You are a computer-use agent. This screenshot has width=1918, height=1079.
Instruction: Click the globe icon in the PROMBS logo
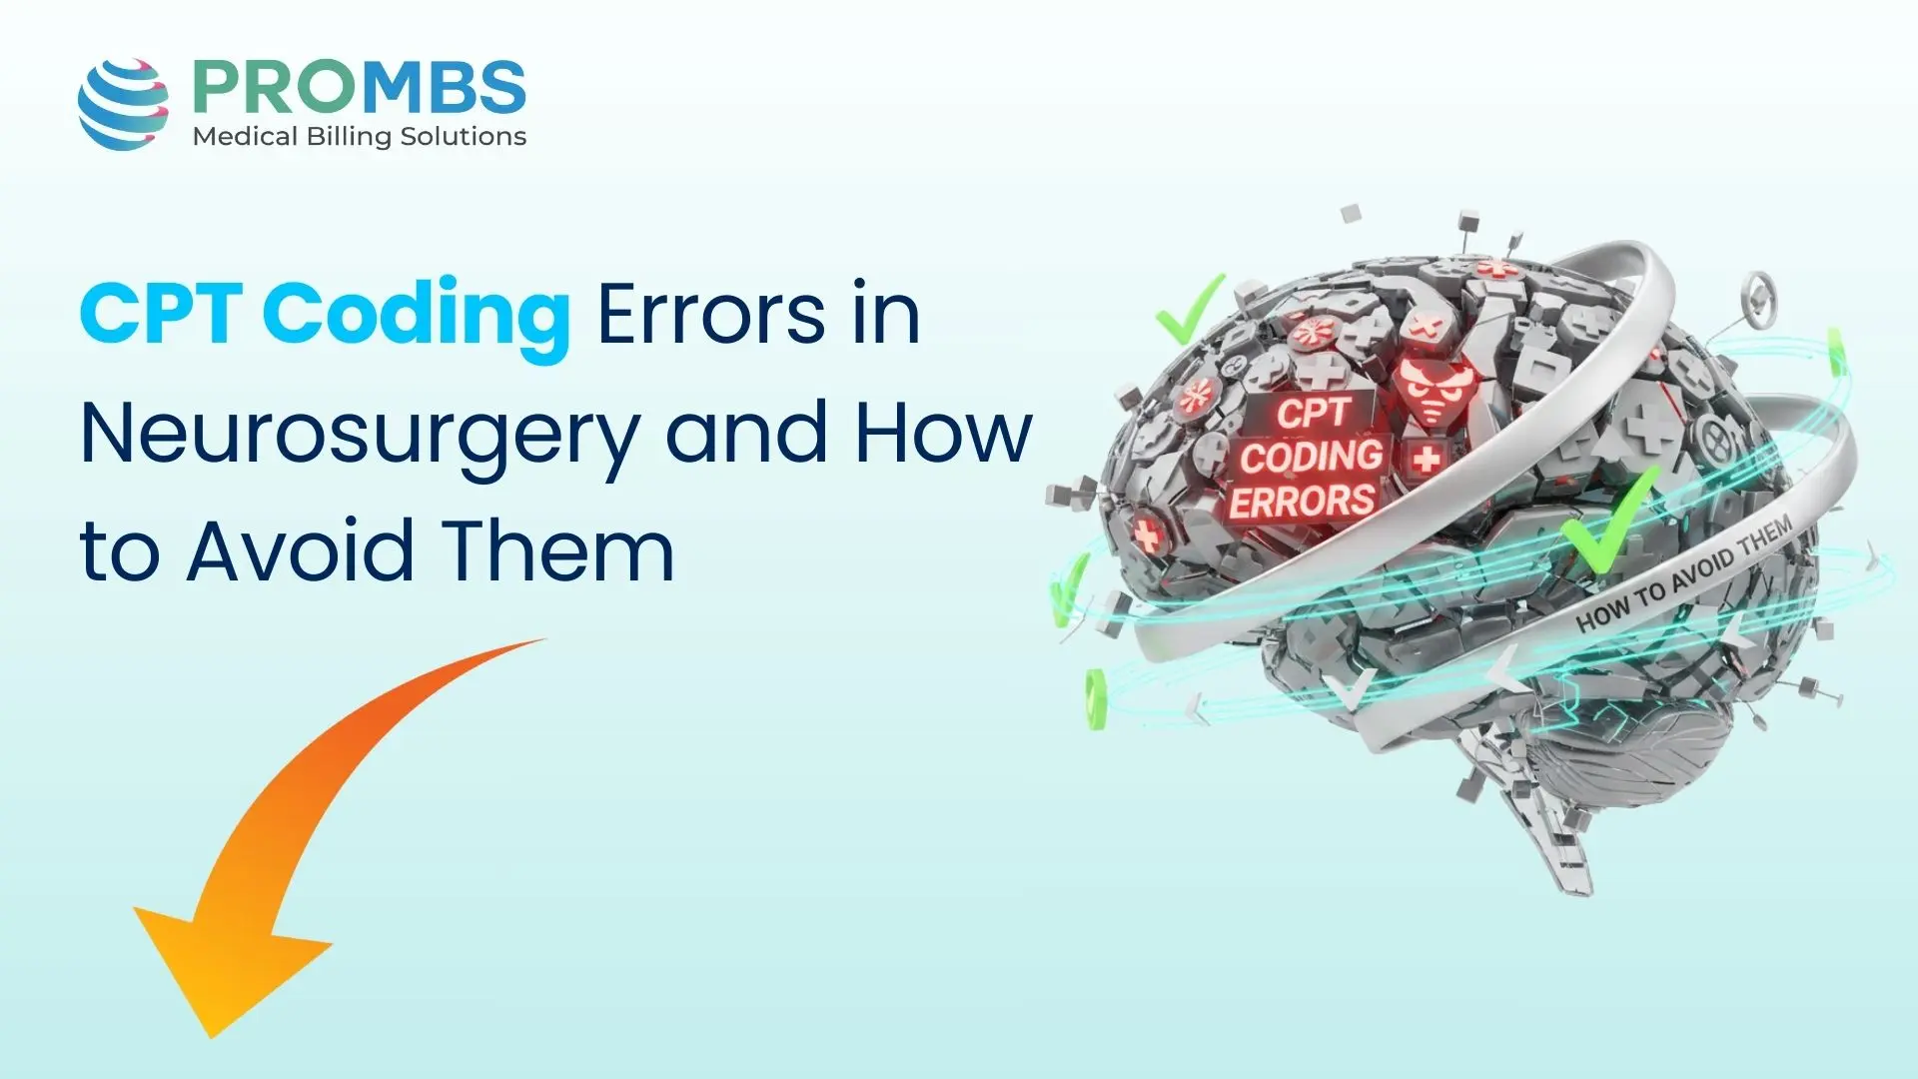click(123, 104)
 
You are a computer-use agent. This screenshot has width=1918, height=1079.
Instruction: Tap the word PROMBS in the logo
click(359, 88)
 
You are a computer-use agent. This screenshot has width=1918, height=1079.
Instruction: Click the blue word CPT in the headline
click(160, 316)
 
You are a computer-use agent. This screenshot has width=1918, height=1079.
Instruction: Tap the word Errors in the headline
click(710, 316)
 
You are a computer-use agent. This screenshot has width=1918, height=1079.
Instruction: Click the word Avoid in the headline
click(299, 551)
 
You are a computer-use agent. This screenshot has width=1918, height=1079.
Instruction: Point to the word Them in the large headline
click(558, 551)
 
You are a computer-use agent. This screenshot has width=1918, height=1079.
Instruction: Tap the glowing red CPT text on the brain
click(1313, 413)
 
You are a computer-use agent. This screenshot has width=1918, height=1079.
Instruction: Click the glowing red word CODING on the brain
click(1311, 457)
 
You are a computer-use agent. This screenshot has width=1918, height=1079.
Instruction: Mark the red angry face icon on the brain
click(1430, 391)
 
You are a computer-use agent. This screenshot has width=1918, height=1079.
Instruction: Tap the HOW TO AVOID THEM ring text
click(1683, 577)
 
